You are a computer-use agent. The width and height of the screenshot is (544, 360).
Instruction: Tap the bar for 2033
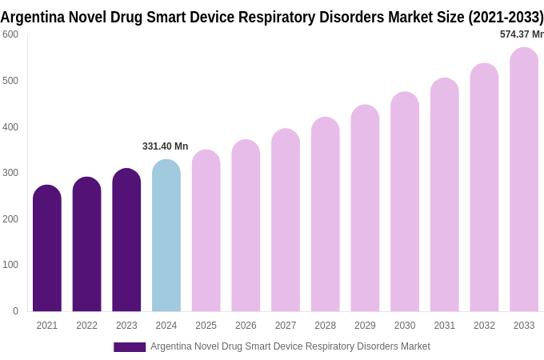click(524, 179)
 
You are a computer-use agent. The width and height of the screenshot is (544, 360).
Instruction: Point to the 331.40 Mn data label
click(165, 146)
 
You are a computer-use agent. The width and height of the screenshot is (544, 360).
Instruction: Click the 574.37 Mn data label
click(521, 34)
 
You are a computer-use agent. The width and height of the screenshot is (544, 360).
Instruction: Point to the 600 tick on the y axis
click(10, 34)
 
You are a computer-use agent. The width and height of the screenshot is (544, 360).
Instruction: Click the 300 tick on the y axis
click(10, 173)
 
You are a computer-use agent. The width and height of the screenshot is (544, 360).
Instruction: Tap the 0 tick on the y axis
click(15, 311)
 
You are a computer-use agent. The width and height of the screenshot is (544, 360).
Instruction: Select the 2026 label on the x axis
click(246, 326)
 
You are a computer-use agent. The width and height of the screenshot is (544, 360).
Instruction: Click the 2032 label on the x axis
click(484, 326)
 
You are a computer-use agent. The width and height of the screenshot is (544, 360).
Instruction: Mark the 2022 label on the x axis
click(86, 326)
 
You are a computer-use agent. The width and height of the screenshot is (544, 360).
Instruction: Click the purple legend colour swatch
click(130, 347)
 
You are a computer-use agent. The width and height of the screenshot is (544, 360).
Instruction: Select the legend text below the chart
click(290, 346)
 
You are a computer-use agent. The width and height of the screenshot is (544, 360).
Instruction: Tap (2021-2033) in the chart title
click(506, 17)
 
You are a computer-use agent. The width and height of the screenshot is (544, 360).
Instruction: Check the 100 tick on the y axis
click(10, 265)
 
